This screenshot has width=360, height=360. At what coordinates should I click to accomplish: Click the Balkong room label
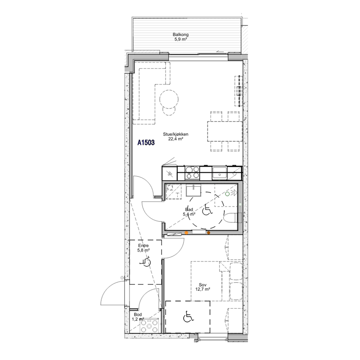pos(181,35)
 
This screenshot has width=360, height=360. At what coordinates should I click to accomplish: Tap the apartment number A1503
pos(146,143)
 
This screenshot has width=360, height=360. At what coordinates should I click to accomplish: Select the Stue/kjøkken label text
pos(175,134)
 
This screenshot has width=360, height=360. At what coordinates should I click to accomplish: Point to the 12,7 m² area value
pos(203,289)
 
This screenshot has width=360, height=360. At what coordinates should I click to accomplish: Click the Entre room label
pos(143,246)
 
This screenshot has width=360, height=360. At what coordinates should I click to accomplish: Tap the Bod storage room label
pos(138,315)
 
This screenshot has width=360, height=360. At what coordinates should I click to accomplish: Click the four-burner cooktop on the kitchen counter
pos(192,173)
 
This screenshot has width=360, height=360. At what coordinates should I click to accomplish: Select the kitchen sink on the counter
pos(220,173)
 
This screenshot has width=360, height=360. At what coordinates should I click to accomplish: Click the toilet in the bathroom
pos(230,218)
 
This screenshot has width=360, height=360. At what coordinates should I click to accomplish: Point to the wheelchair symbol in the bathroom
pos(207,210)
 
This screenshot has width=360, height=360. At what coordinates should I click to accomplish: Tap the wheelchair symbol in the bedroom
pos(189,316)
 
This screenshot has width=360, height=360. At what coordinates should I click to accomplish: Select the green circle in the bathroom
pos(227,194)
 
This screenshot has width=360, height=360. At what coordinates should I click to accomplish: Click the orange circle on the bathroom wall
pos(186,233)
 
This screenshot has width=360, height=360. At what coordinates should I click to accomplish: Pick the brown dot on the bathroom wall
pos(209,233)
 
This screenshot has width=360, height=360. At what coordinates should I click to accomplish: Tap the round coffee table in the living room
pos(169,99)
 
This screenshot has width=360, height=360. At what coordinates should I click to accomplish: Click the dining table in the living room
pos(225,131)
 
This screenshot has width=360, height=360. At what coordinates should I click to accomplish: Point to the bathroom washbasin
pos(193,191)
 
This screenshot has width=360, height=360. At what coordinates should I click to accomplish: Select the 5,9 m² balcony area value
pos(181,39)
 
